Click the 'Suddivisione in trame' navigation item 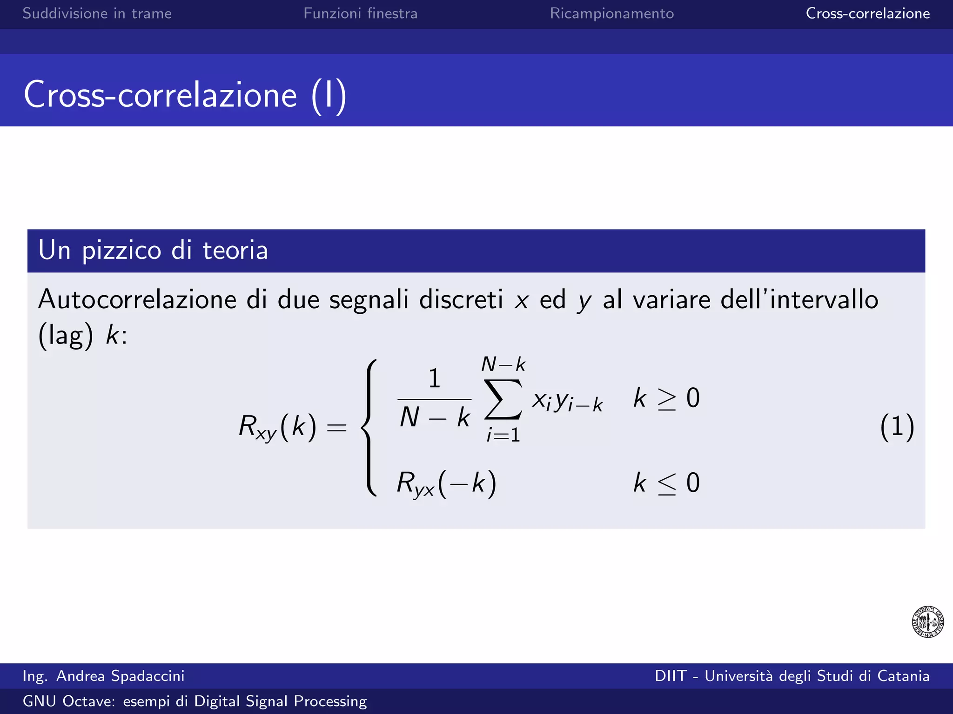pyautogui.click(x=97, y=13)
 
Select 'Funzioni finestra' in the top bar pyautogui.click(x=360, y=13)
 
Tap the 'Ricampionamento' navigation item pyautogui.click(x=611, y=13)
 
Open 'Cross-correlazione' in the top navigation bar pyautogui.click(x=867, y=13)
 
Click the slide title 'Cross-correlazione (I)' pyautogui.click(x=185, y=95)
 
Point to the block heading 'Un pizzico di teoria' pyautogui.click(x=153, y=250)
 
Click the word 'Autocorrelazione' pyautogui.click(x=137, y=299)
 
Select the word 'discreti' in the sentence pyautogui.click(x=461, y=299)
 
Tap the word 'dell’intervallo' pyautogui.click(x=799, y=299)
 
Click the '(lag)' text pyautogui.click(x=66, y=335)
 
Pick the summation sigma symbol pyautogui.click(x=503, y=399)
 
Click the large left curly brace pyautogui.click(x=369, y=428)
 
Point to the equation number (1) pyautogui.click(x=897, y=427)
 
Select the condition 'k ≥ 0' pyautogui.click(x=666, y=398)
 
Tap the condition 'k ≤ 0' pyautogui.click(x=666, y=483)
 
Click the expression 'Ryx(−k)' pyautogui.click(x=446, y=483)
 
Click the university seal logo pyautogui.click(x=927, y=621)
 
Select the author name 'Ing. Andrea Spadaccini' pyautogui.click(x=103, y=676)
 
